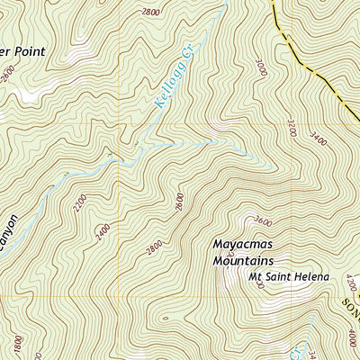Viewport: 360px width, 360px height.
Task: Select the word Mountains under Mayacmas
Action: (x=242, y=260)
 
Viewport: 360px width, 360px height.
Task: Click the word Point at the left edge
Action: (x=24, y=51)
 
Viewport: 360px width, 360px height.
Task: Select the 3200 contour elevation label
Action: (x=292, y=128)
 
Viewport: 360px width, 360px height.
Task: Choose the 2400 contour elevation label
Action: (x=105, y=232)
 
